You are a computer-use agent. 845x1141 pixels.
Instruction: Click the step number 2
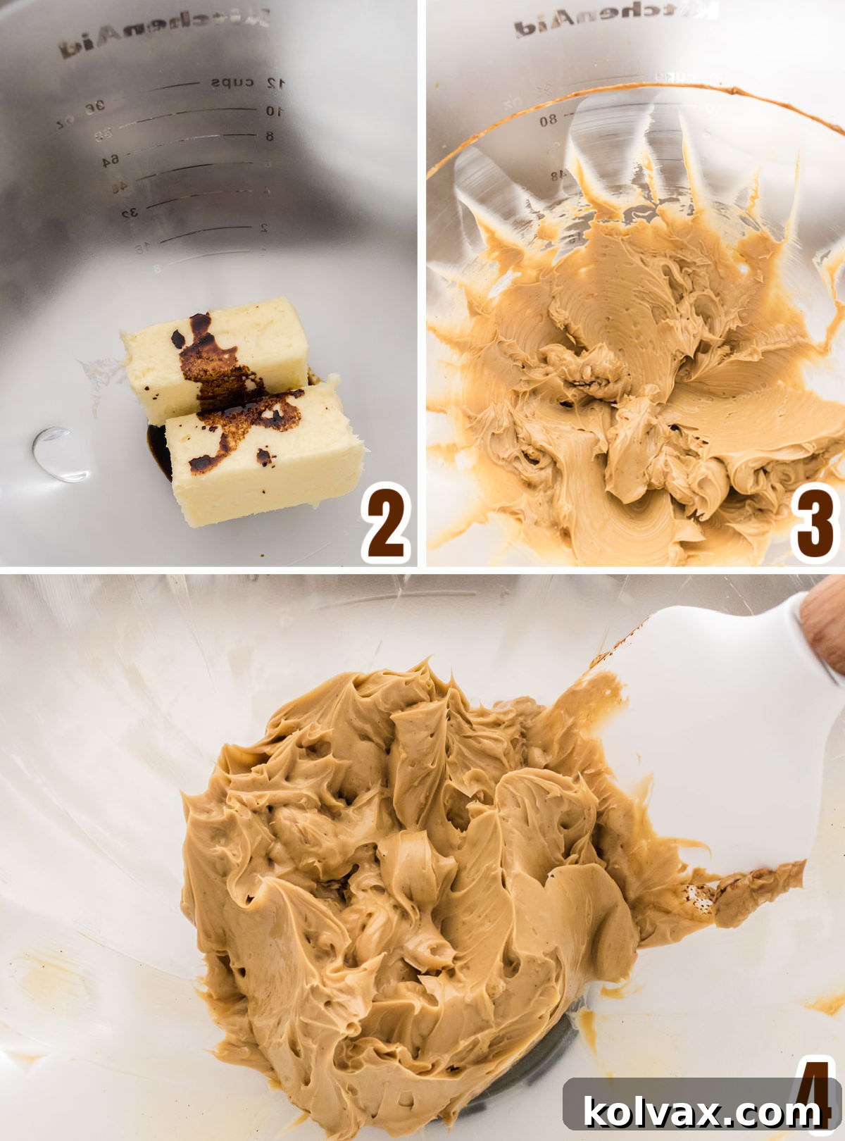click(387, 523)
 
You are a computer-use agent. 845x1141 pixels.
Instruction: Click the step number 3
click(814, 523)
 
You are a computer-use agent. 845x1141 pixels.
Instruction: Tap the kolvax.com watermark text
click(702, 1111)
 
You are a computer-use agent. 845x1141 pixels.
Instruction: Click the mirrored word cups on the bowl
click(232, 82)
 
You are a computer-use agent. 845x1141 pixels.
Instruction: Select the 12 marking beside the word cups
click(275, 83)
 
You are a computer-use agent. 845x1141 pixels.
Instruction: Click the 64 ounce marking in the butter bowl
click(110, 161)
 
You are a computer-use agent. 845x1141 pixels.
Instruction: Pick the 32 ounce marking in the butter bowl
click(129, 212)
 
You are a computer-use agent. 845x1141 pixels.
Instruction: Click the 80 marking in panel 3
click(549, 120)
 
